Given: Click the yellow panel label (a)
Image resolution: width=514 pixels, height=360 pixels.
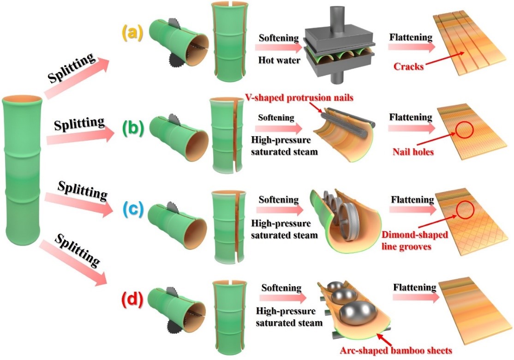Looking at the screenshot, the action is [133, 34].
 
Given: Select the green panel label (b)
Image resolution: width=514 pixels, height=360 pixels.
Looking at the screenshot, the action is [133, 128].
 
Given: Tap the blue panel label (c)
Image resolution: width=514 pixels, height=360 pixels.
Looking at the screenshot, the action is [132, 210].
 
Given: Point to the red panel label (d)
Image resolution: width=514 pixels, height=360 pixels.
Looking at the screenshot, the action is [132, 300].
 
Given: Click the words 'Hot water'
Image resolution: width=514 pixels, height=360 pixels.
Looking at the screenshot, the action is [279, 60].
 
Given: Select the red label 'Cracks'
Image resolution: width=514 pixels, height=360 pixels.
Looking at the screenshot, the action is [408, 66].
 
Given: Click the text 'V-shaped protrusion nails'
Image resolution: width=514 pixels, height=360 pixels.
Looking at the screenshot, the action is [299, 98].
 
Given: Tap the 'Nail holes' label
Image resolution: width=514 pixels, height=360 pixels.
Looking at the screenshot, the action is [413, 151].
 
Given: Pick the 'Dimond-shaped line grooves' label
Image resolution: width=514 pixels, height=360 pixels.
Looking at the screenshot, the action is [415, 240].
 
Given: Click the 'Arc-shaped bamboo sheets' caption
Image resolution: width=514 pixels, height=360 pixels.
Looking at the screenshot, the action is [396, 350].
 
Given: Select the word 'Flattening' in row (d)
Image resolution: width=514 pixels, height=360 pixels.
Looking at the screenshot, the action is [415, 288].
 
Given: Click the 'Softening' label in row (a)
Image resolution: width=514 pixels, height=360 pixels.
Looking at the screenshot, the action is [279, 38].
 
